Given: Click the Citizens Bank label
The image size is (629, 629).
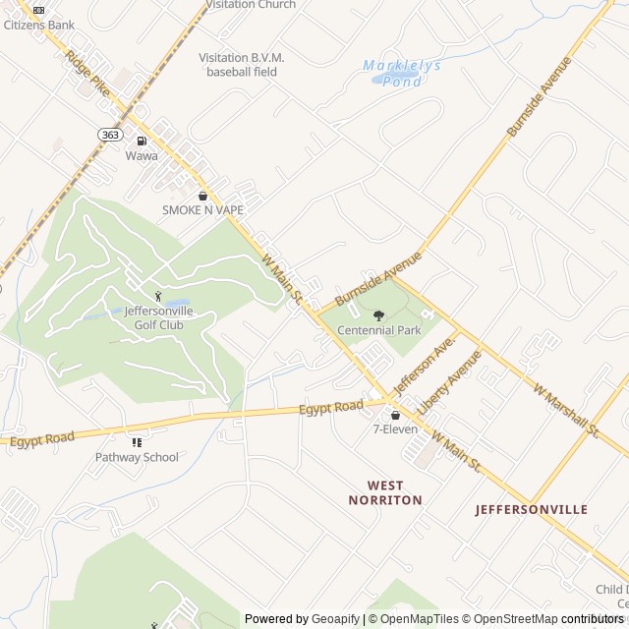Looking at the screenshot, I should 38,25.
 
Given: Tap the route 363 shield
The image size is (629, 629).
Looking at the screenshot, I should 109,133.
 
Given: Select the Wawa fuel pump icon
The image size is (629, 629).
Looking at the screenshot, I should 142,141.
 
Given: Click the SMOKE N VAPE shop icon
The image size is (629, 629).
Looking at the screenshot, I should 203,196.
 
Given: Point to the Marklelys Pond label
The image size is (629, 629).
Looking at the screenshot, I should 402,74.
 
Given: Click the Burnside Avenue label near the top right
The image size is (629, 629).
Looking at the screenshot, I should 539,97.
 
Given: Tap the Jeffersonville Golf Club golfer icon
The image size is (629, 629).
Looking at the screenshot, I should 157,296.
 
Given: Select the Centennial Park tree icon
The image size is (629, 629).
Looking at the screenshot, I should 379,315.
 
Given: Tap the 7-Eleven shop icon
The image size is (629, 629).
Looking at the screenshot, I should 395,415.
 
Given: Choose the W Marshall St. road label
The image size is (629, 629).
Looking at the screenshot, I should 566,410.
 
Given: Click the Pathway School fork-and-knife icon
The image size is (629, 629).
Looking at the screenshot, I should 137,442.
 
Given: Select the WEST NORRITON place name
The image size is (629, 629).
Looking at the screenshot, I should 385,492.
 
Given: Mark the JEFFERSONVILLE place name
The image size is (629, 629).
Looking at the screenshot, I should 531,509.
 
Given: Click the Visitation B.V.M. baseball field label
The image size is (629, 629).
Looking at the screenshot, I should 242,65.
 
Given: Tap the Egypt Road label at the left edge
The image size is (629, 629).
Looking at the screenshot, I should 42,438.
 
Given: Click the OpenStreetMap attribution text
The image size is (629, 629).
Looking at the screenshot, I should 510,619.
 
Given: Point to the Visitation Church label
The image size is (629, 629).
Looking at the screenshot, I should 251,5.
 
